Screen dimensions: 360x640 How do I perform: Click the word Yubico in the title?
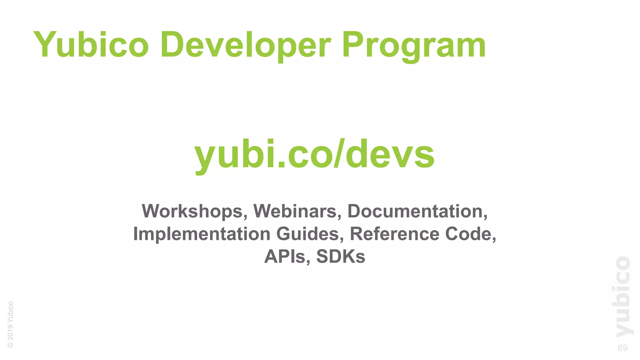coord(91,45)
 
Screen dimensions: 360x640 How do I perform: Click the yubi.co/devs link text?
coord(314,154)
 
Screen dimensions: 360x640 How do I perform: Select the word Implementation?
coord(202,234)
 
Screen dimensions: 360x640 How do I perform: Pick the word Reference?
coord(394,234)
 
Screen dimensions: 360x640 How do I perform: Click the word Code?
coord(468,234)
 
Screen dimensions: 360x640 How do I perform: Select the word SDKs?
coord(341,257)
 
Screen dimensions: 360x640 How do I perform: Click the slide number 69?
coord(622,348)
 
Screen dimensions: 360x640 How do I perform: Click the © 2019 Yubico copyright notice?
coord(10,324)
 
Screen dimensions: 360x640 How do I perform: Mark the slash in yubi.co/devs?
coord(339,153)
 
